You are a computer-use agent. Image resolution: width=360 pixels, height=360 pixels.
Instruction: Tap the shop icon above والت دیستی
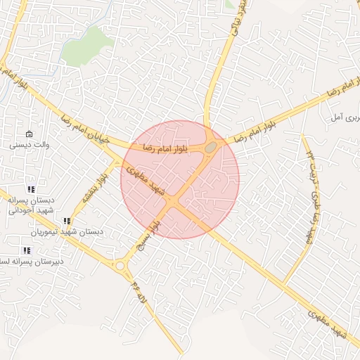point(29,134)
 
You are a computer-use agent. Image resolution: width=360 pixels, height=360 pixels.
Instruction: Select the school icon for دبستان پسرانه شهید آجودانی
point(30,189)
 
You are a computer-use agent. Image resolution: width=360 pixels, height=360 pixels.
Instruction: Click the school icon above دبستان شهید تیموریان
point(67,221)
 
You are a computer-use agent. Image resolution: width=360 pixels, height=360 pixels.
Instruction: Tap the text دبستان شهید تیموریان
point(67,231)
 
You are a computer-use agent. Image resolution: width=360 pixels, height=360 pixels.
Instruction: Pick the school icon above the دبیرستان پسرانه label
point(27,250)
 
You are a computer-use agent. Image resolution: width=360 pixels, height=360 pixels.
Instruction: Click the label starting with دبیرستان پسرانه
point(32,261)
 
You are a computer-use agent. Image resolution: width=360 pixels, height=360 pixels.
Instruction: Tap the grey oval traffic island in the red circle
point(210,146)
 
